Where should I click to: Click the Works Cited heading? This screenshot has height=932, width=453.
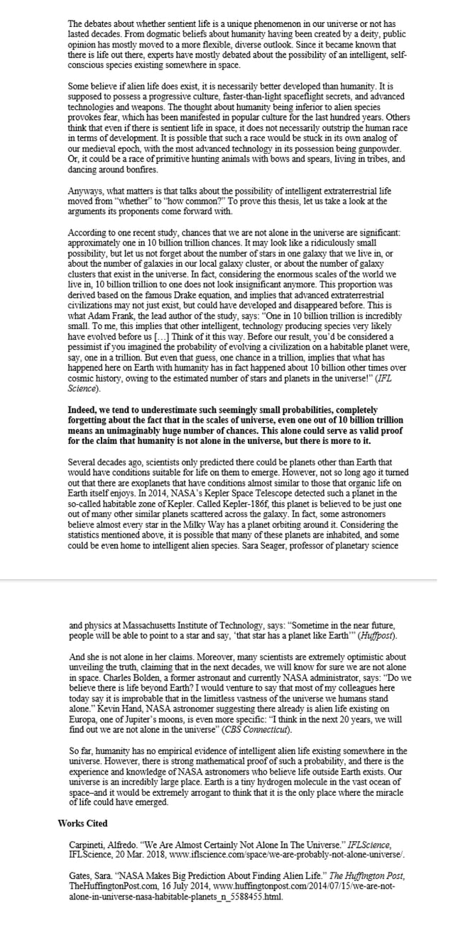click(x=82, y=823)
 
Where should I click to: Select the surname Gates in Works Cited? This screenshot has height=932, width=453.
click(x=80, y=873)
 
